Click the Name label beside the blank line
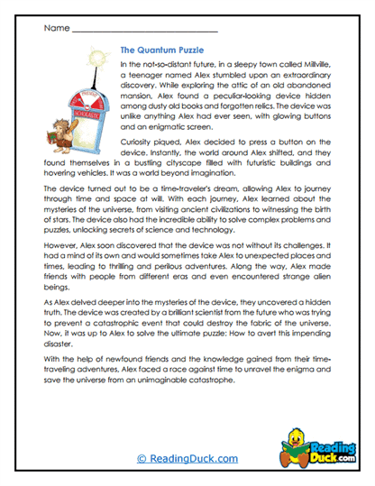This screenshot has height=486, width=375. (56, 29)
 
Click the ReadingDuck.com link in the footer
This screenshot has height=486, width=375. (187, 458)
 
